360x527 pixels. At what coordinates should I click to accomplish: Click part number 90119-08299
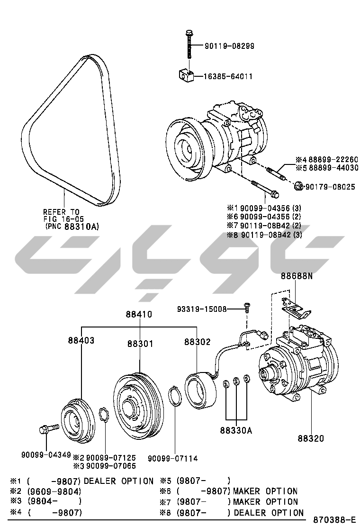pyautogui.click(x=229, y=46)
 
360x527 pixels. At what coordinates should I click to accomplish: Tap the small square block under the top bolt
pyautogui.click(x=187, y=74)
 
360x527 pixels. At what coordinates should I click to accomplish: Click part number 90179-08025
pyautogui.click(x=331, y=187)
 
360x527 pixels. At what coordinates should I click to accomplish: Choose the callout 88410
pyautogui.click(x=139, y=314)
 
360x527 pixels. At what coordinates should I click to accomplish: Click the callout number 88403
pyautogui.click(x=81, y=340)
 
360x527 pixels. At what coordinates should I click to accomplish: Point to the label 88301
pyautogui.click(x=140, y=344)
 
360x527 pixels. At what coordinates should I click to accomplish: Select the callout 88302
pyautogui.click(x=197, y=341)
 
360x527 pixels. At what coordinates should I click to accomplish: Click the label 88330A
pyautogui.click(x=236, y=430)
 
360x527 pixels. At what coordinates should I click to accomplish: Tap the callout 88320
pyautogui.click(x=311, y=438)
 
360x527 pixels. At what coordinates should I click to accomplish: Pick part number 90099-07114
pyautogui.click(x=173, y=458)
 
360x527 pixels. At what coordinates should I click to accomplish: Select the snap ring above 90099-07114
pyautogui.click(x=175, y=396)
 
